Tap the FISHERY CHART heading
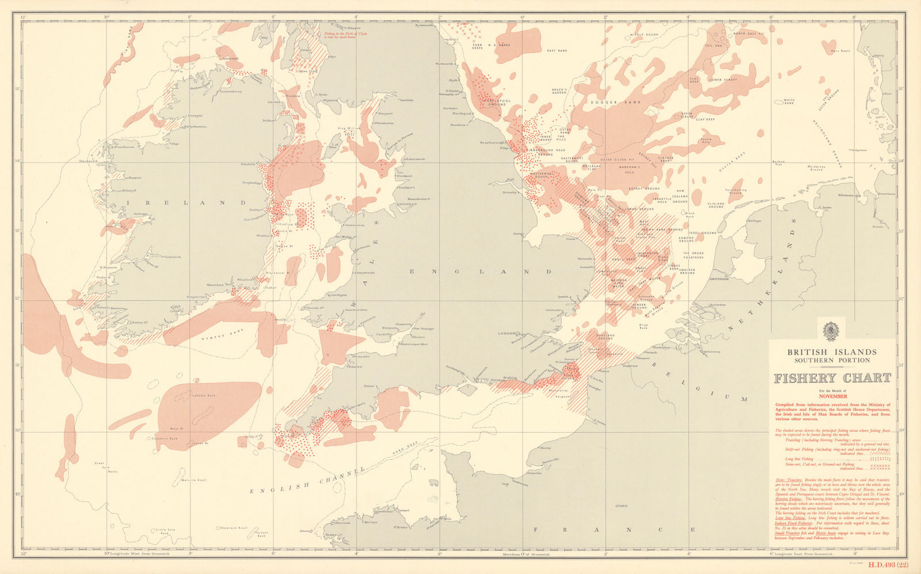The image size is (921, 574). (x=832, y=379)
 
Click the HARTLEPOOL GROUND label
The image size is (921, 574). (x=496, y=103)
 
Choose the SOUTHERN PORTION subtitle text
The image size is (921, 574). (x=832, y=361)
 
